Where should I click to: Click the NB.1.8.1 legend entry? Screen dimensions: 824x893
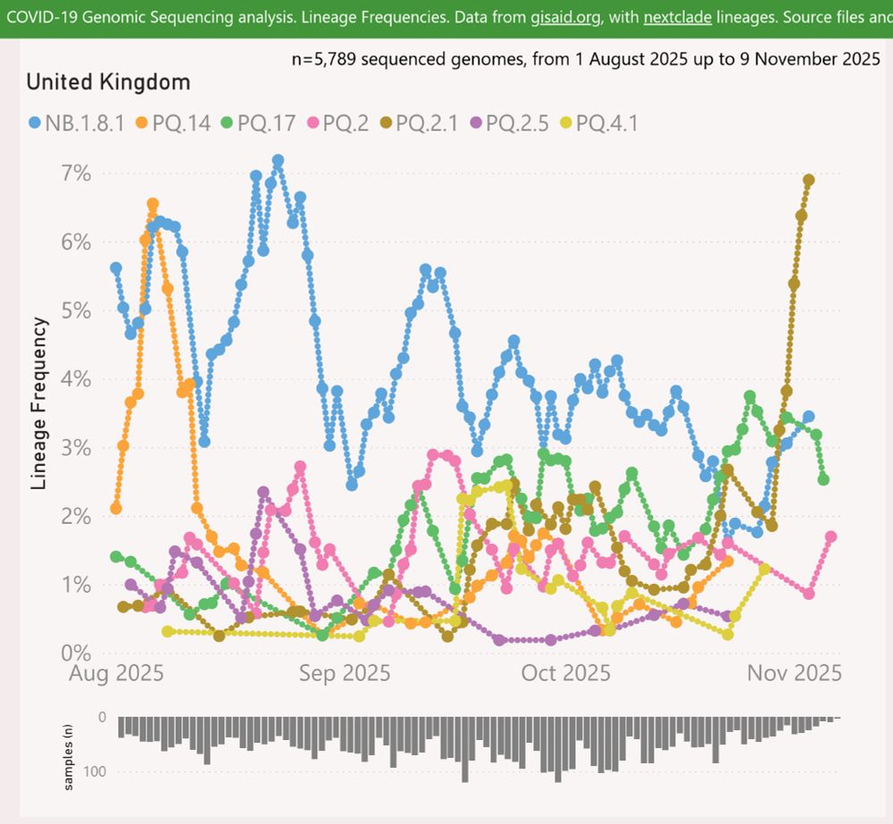click(x=78, y=122)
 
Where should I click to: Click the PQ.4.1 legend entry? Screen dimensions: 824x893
click(x=599, y=122)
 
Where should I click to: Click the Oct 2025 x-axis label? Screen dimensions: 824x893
click(x=566, y=673)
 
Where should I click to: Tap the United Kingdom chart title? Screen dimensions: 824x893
click(x=108, y=83)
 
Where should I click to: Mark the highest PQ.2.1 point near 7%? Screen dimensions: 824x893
click(x=809, y=179)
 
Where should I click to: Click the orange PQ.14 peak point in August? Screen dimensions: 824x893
click(x=153, y=204)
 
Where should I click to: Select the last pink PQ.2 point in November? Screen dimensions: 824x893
click(x=830, y=537)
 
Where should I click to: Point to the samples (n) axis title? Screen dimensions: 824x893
click(x=69, y=759)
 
